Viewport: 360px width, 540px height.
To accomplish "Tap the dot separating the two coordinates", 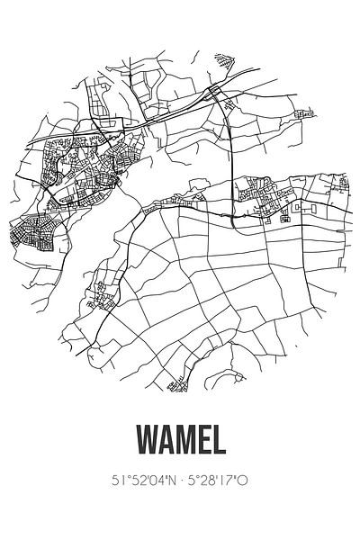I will pos(180,481).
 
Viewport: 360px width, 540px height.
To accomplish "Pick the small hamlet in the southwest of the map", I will pos(101,292).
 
